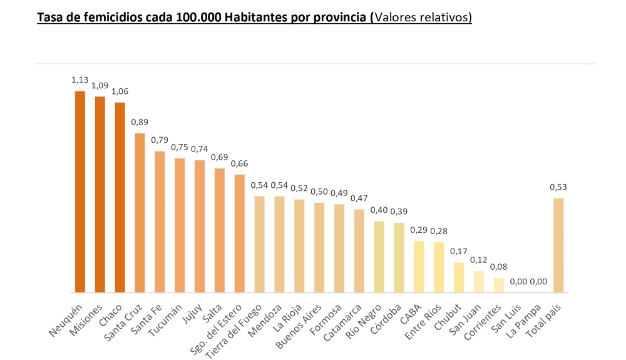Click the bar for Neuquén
click(x=80, y=192)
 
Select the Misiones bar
click(x=100, y=194)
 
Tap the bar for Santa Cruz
click(x=140, y=213)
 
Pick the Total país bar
click(x=558, y=245)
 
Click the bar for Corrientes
click(x=499, y=285)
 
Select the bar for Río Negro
click(x=379, y=257)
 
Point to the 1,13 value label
click(x=80, y=80)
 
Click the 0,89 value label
click(x=140, y=122)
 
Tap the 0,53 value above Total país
click(x=558, y=187)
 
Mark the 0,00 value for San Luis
click(x=518, y=282)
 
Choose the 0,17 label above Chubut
click(x=459, y=252)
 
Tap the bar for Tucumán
click(x=180, y=225)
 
